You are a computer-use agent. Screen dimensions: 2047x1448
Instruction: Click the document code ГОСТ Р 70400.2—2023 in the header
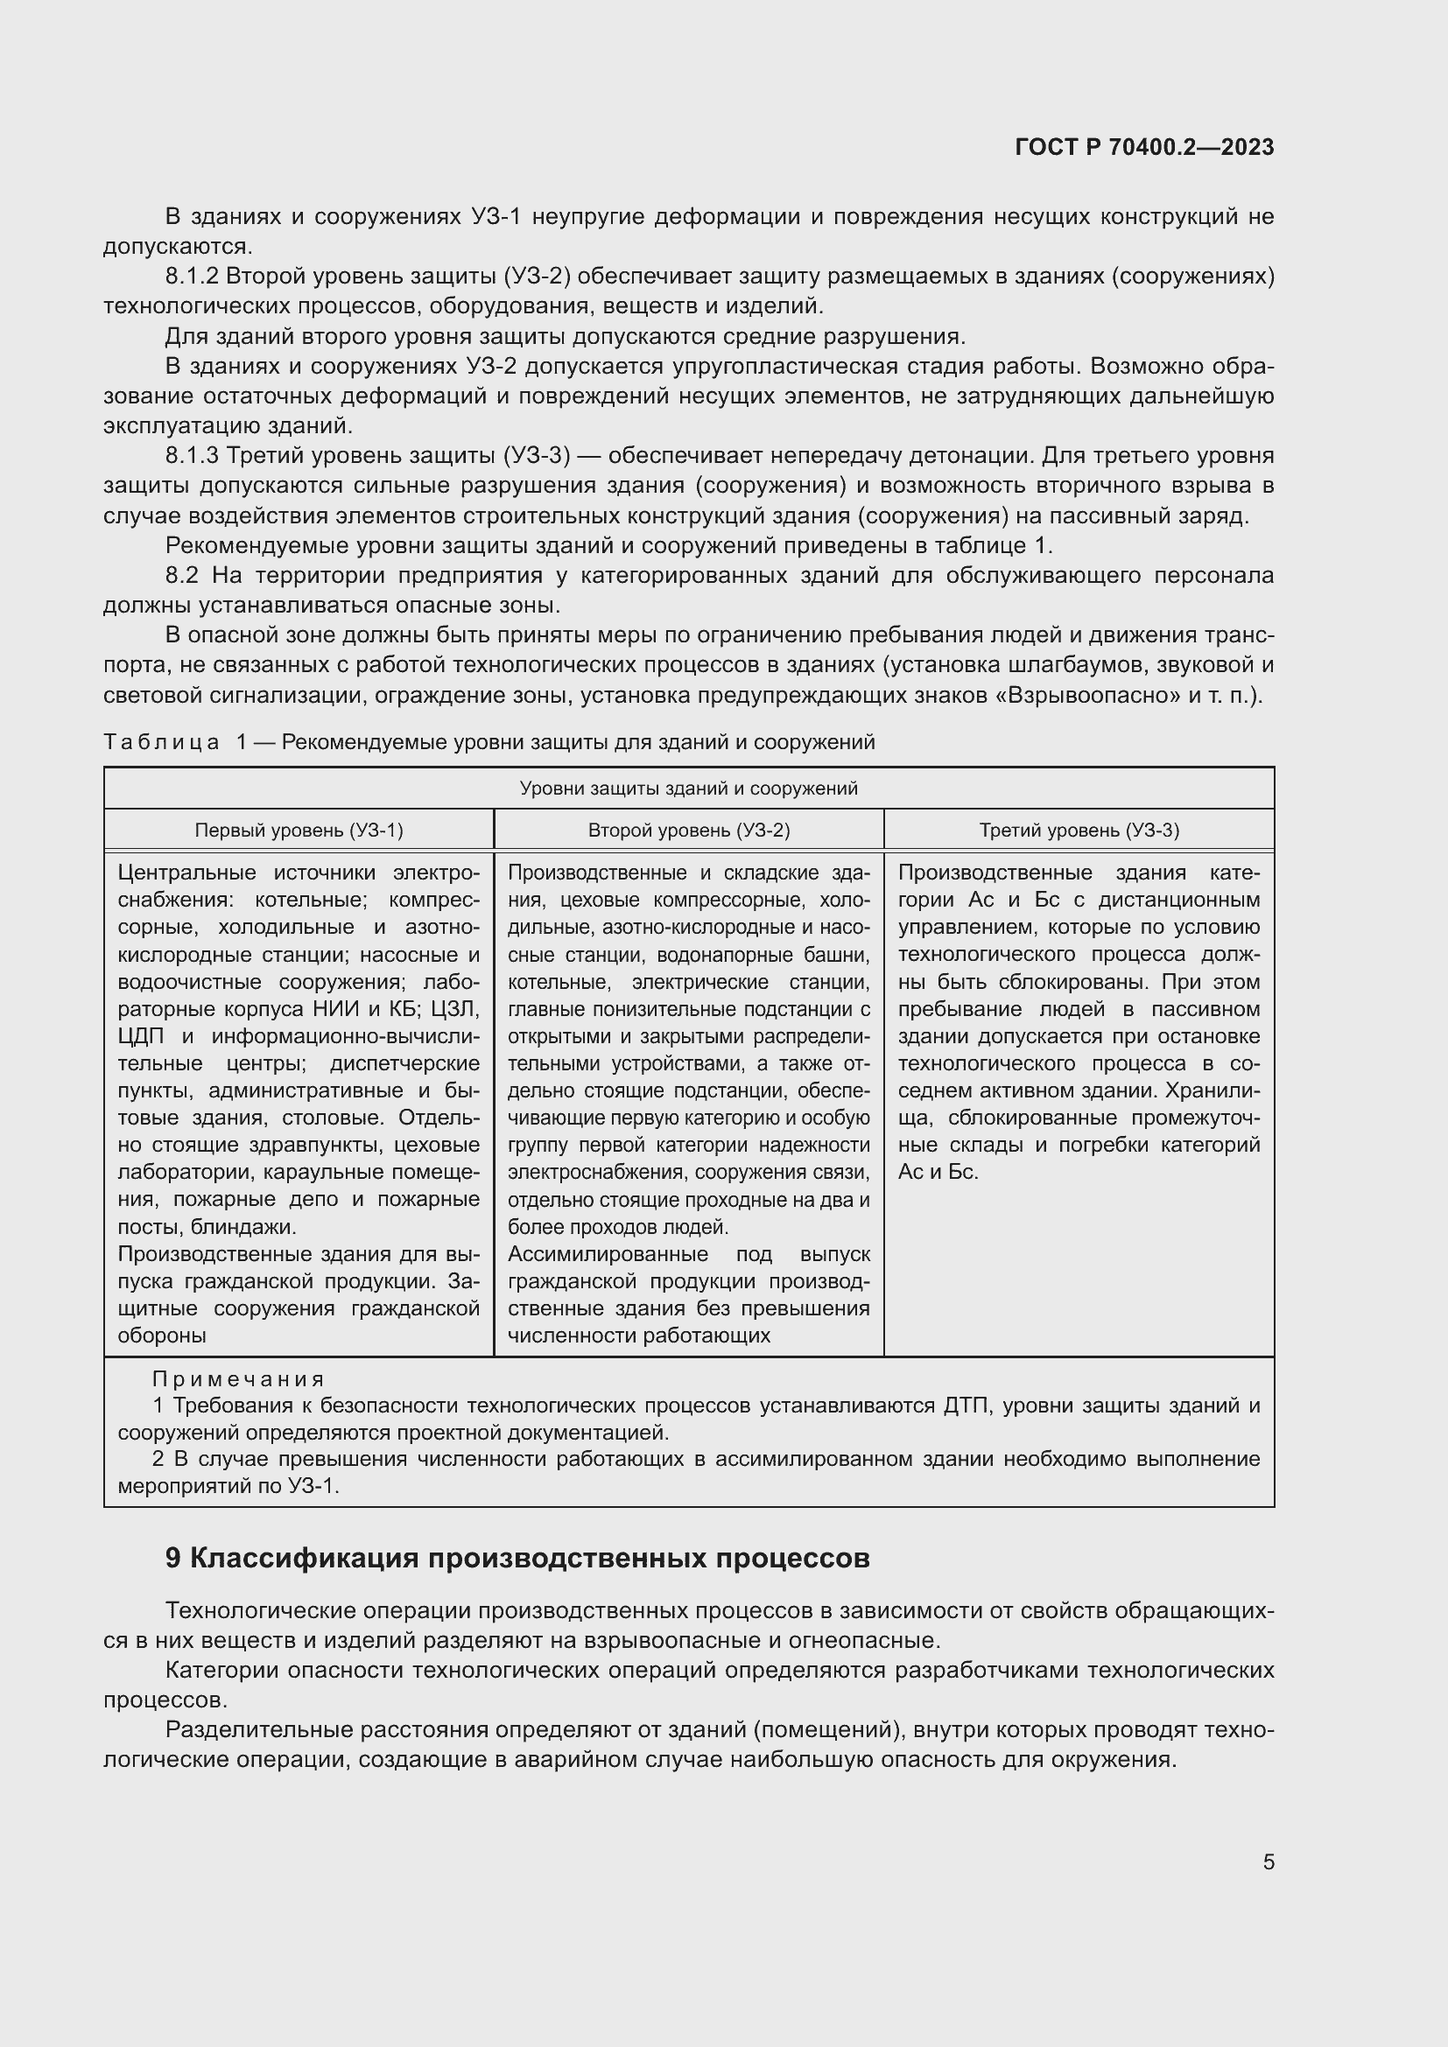[1144, 147]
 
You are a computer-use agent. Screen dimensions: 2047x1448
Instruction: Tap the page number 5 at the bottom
[1268, 1861]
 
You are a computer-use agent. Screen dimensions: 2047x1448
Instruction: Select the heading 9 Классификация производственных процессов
[517, 1558]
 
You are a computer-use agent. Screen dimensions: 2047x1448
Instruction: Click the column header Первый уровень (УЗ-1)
[299, 830]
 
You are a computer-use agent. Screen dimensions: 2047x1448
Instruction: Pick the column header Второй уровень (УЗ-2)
[688, 830]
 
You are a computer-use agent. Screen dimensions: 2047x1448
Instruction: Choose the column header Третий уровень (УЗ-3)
[1079, 830]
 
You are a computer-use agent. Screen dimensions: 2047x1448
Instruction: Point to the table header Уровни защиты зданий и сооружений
[688, 789]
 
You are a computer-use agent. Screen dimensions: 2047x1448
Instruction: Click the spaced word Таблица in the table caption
[161, 742]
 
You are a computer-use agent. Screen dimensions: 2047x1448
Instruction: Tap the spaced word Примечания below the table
[238, 1379]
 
